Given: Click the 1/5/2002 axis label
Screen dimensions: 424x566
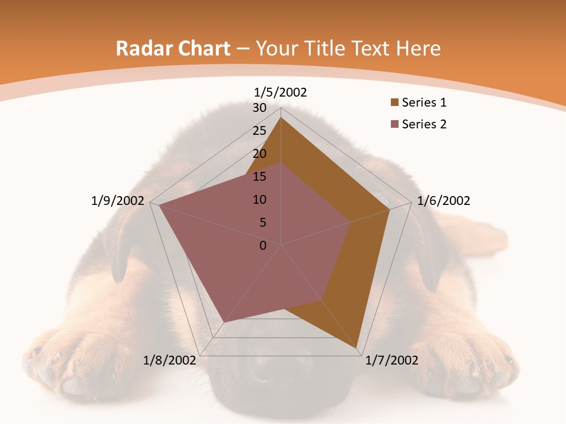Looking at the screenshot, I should (x=281, y=92).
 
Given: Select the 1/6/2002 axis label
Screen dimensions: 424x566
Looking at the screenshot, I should (x=443, y=201).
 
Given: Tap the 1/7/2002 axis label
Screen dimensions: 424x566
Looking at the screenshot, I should (x=391, y=360).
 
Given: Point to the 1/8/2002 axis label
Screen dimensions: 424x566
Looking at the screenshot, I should (x=170, y=360).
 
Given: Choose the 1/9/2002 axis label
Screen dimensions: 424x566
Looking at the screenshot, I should (x=118, y=201).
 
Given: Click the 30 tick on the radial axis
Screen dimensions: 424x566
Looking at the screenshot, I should (x=259, y=108).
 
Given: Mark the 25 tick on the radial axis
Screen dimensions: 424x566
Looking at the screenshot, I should (x=259, y=131).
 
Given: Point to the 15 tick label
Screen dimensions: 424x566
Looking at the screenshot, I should (x=259, y=177).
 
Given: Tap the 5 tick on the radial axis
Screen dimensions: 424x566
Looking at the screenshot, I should (x=262, y=223).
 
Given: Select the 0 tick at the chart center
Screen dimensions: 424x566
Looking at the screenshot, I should (x=263, y=246).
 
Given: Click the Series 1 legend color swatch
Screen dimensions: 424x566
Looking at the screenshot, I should (x=394, y=103).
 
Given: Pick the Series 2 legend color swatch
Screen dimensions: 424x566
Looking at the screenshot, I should (x=394, y=124).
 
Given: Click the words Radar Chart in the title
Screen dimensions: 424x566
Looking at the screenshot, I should (x=173, y=48).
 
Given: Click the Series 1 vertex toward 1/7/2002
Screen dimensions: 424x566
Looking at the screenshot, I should (x=357, y=349).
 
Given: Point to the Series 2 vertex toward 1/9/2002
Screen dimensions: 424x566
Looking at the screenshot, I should (x=159, y=206).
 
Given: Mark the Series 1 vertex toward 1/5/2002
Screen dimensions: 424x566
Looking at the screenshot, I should (x=281, y=117).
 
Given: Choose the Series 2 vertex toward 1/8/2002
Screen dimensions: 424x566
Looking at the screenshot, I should (x=225, y=322).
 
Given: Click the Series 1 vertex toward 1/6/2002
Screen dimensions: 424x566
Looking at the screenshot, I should (x=390, y=210).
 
